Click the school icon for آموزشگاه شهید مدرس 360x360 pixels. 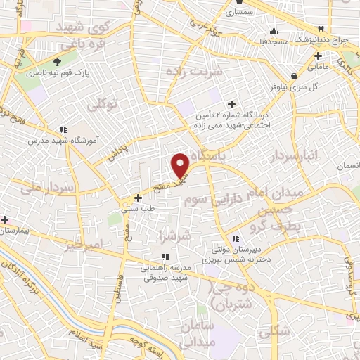click(63, 129)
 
